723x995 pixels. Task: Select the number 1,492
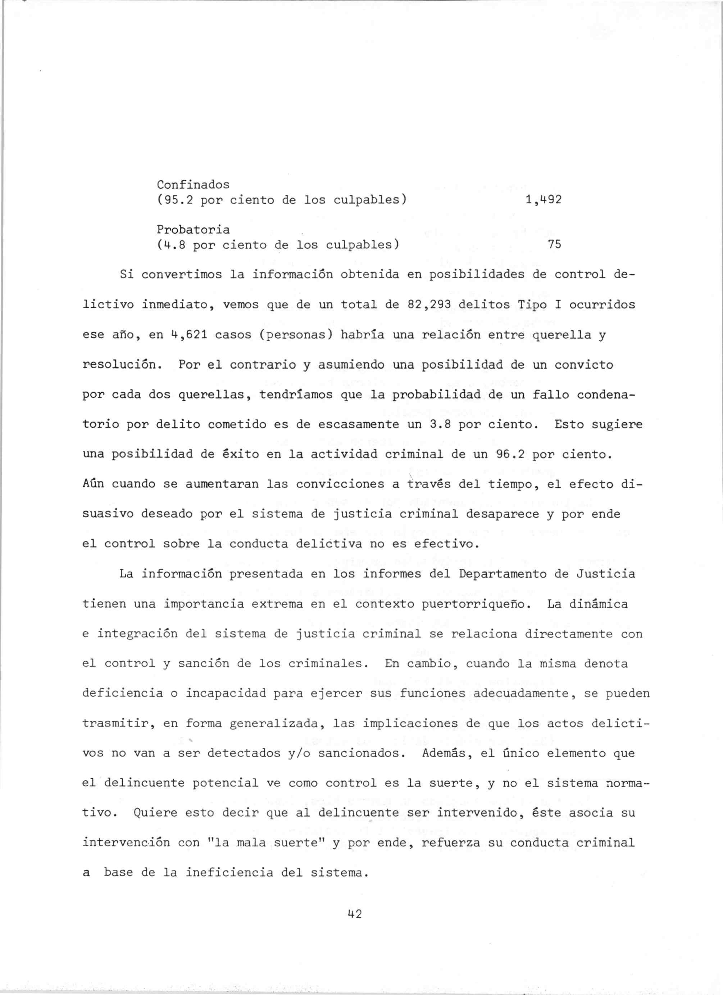pyautogui.click(x=543, y=200)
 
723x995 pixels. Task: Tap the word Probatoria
pyautogui.click(x=193, y=229)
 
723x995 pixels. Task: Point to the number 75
pyautogui.click(x=554, y=244)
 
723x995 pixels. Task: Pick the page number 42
pyautogui.click(x=354, y=914)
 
